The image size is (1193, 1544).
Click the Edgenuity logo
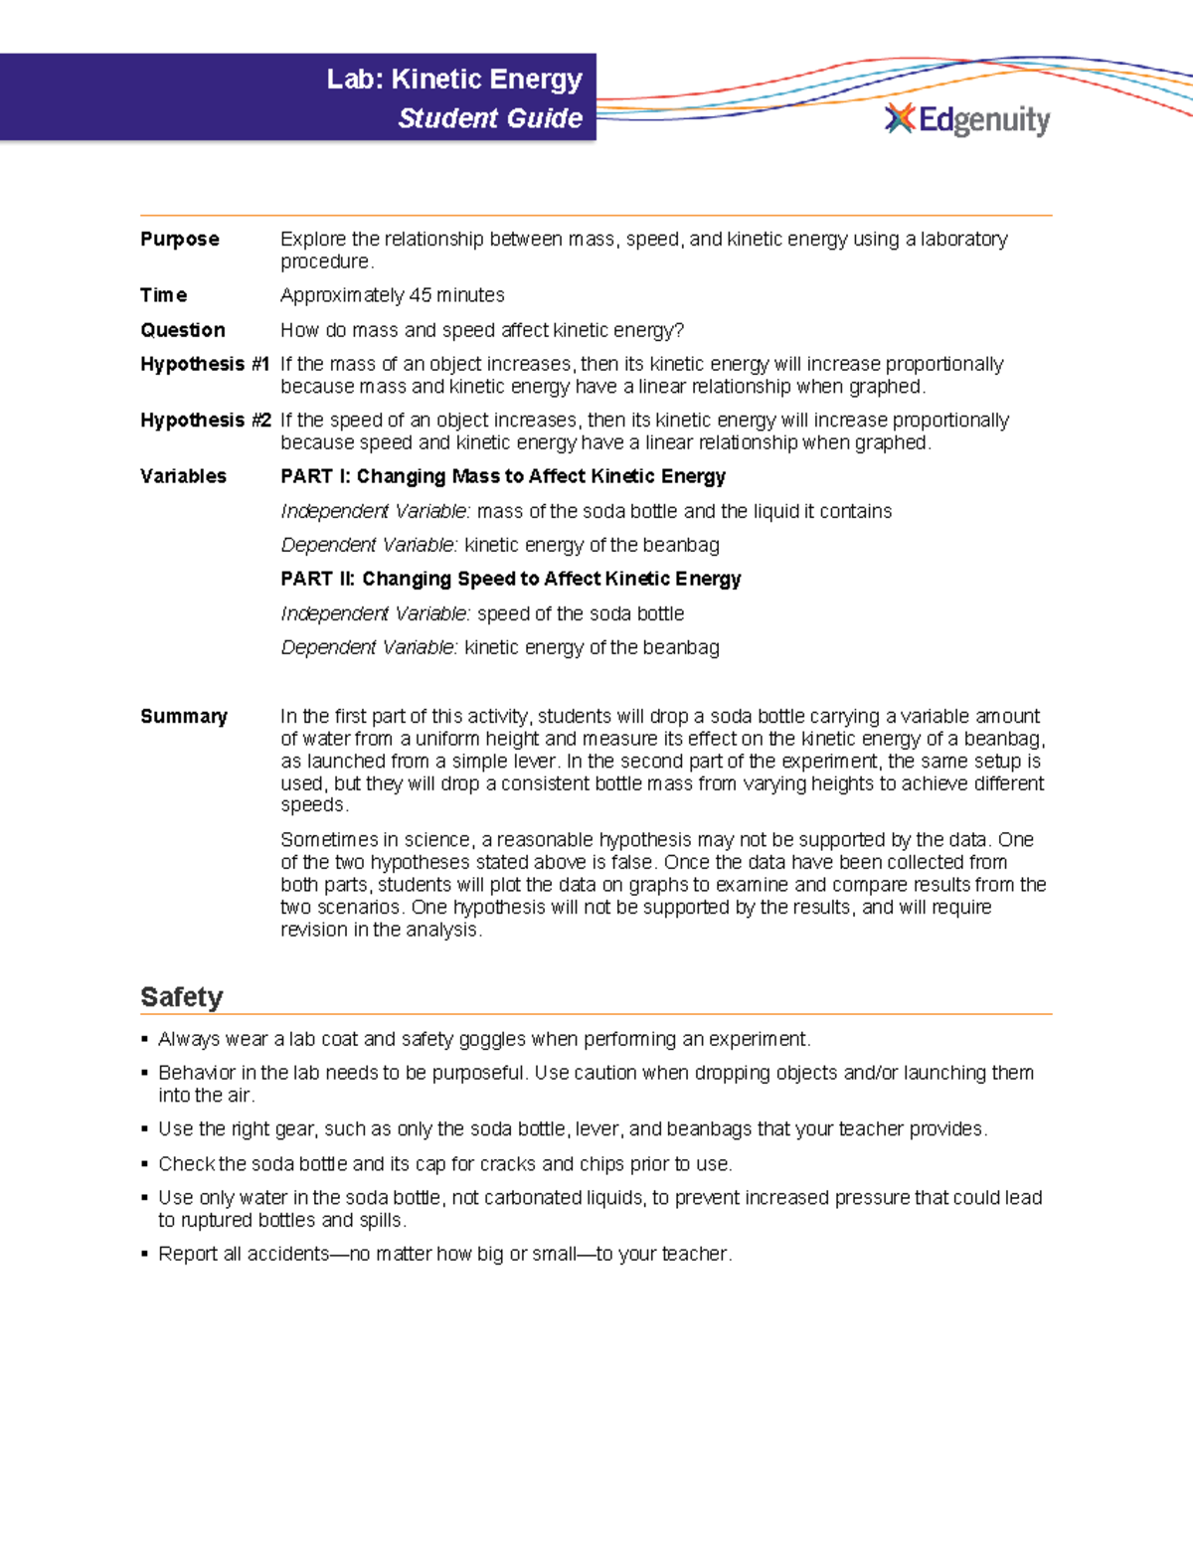click(966, 119)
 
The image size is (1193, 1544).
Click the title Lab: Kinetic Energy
click(454, 80)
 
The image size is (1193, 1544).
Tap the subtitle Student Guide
click(490, 118)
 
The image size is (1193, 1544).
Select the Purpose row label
click(180, 239)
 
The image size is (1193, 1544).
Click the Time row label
click(164, 295)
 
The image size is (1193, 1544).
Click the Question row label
click(183, 330)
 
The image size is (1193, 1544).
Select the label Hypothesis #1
click(205, 364)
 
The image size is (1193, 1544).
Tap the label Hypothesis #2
click(205, 420)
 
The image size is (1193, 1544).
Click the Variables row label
click(183, 476)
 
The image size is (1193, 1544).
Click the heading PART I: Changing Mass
click(503, 476)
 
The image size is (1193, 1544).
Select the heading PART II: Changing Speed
click(511, 579)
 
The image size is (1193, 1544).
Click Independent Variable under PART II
click(375, 613)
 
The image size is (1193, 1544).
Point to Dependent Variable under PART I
click(369, 545)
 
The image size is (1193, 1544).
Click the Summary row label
click(184, 716)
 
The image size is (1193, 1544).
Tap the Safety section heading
click(182, 996)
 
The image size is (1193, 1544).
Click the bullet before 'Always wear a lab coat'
click(145, 1040)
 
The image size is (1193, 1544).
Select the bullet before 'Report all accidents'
click(145, 1255)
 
